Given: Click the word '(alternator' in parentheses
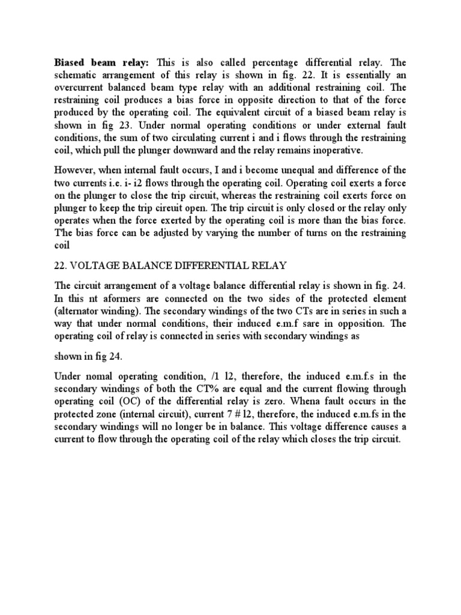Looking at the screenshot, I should coord(80,311).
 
